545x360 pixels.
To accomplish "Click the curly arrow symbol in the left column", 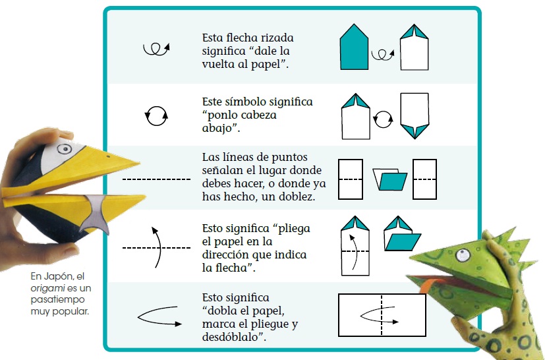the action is [156, 49].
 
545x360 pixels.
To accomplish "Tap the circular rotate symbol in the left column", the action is [156, 116].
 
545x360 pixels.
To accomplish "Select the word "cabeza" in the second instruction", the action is [259, 115].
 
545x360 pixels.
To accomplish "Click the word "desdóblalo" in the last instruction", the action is [234, 337].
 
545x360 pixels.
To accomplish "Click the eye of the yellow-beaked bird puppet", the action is [65, 149].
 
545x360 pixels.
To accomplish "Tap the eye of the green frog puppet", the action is [463, 256].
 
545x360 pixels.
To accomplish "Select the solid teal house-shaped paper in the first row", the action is [354, 47].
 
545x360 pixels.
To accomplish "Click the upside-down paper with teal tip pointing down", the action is [415, 116].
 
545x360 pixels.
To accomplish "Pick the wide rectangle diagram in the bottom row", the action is [382, 315].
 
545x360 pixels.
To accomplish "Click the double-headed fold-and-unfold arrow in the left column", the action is [159, 316].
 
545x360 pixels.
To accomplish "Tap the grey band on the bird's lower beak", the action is [94, 213].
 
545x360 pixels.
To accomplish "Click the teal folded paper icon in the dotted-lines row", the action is [389, 179].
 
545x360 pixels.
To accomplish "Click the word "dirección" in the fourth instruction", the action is [225, 255].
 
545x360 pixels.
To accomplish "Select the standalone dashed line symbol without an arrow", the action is [156, 179].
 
